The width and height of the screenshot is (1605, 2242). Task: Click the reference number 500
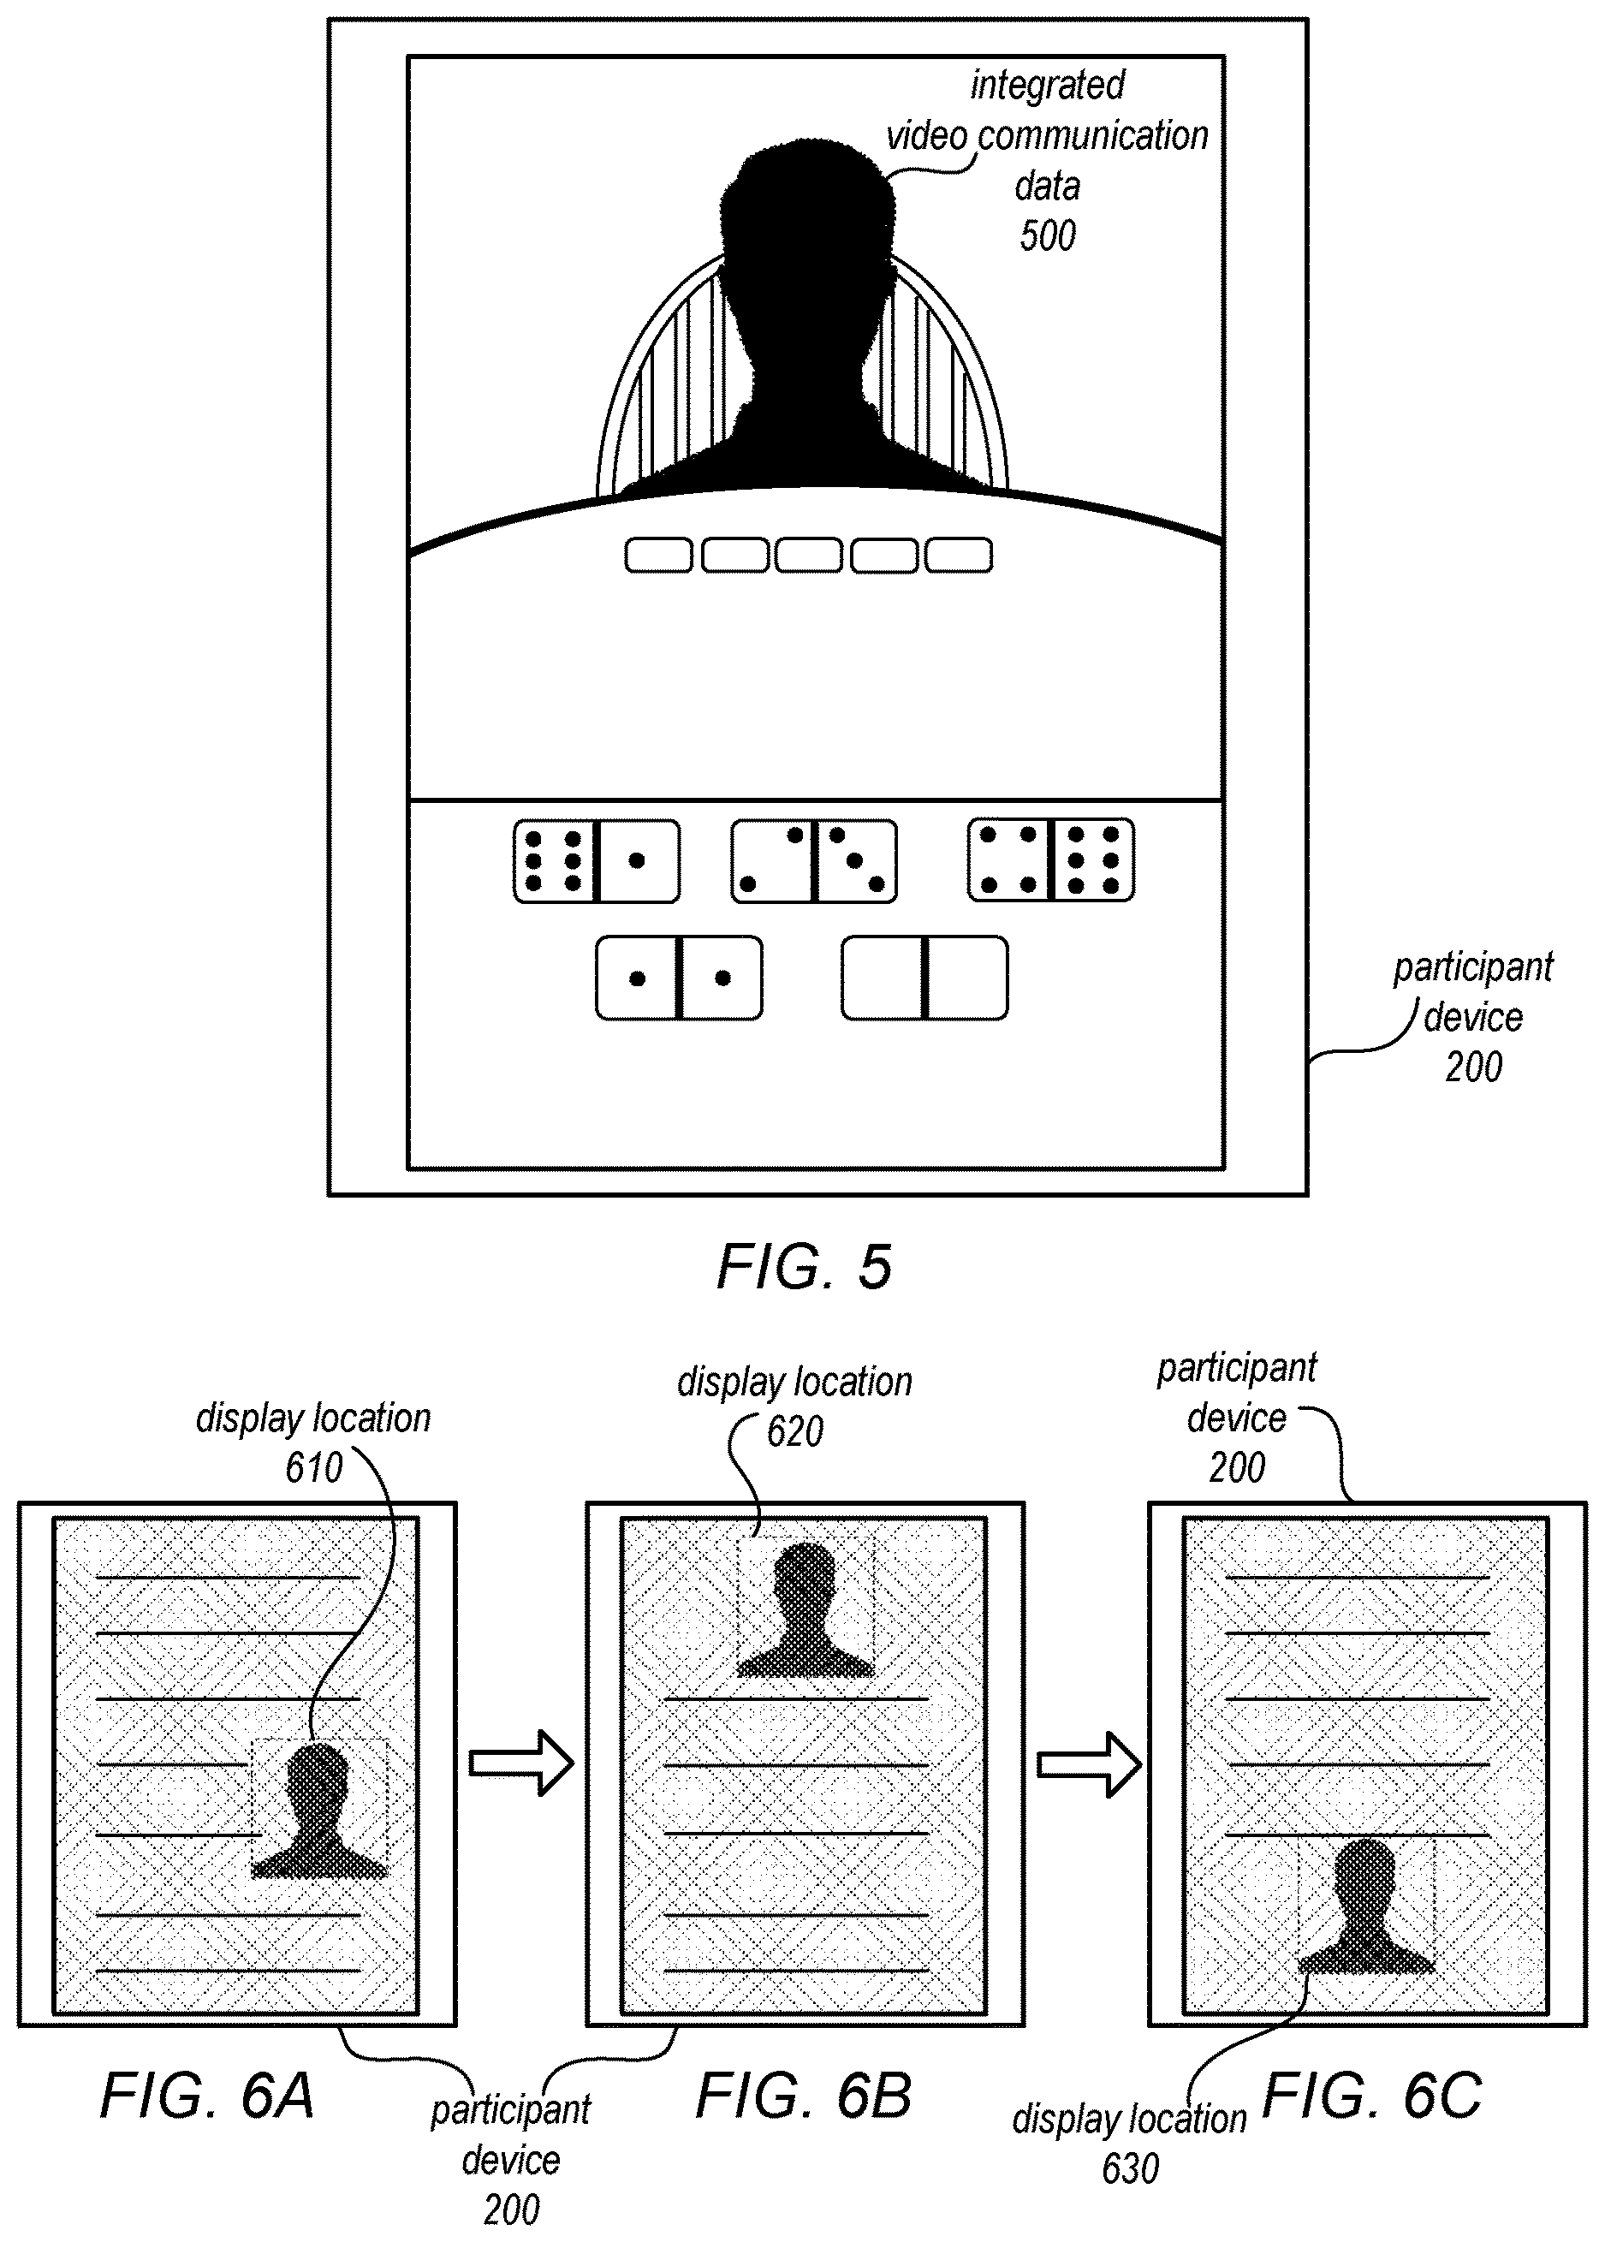click(x=1048, y=236)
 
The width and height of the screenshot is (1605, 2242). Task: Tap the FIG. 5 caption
click(x=805, y=1267)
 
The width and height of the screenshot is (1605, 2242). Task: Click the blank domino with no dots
click(x=925, y=978)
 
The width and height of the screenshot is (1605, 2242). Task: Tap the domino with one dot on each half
click(x=679, y=978)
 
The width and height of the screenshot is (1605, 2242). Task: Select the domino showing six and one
click(x=596, y=860)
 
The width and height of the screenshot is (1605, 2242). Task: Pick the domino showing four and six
click(x=1050, y=859)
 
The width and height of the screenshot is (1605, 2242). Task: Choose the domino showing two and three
click(x=814, y=860)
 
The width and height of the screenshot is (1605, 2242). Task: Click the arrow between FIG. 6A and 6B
click(x=520, y=1763)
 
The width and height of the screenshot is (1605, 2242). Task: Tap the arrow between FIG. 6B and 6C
click(x=1089, y=1763)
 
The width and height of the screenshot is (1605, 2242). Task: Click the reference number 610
click(x=314, y=1468)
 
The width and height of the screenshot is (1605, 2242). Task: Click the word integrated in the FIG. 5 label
click(x=1048, y=85)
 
